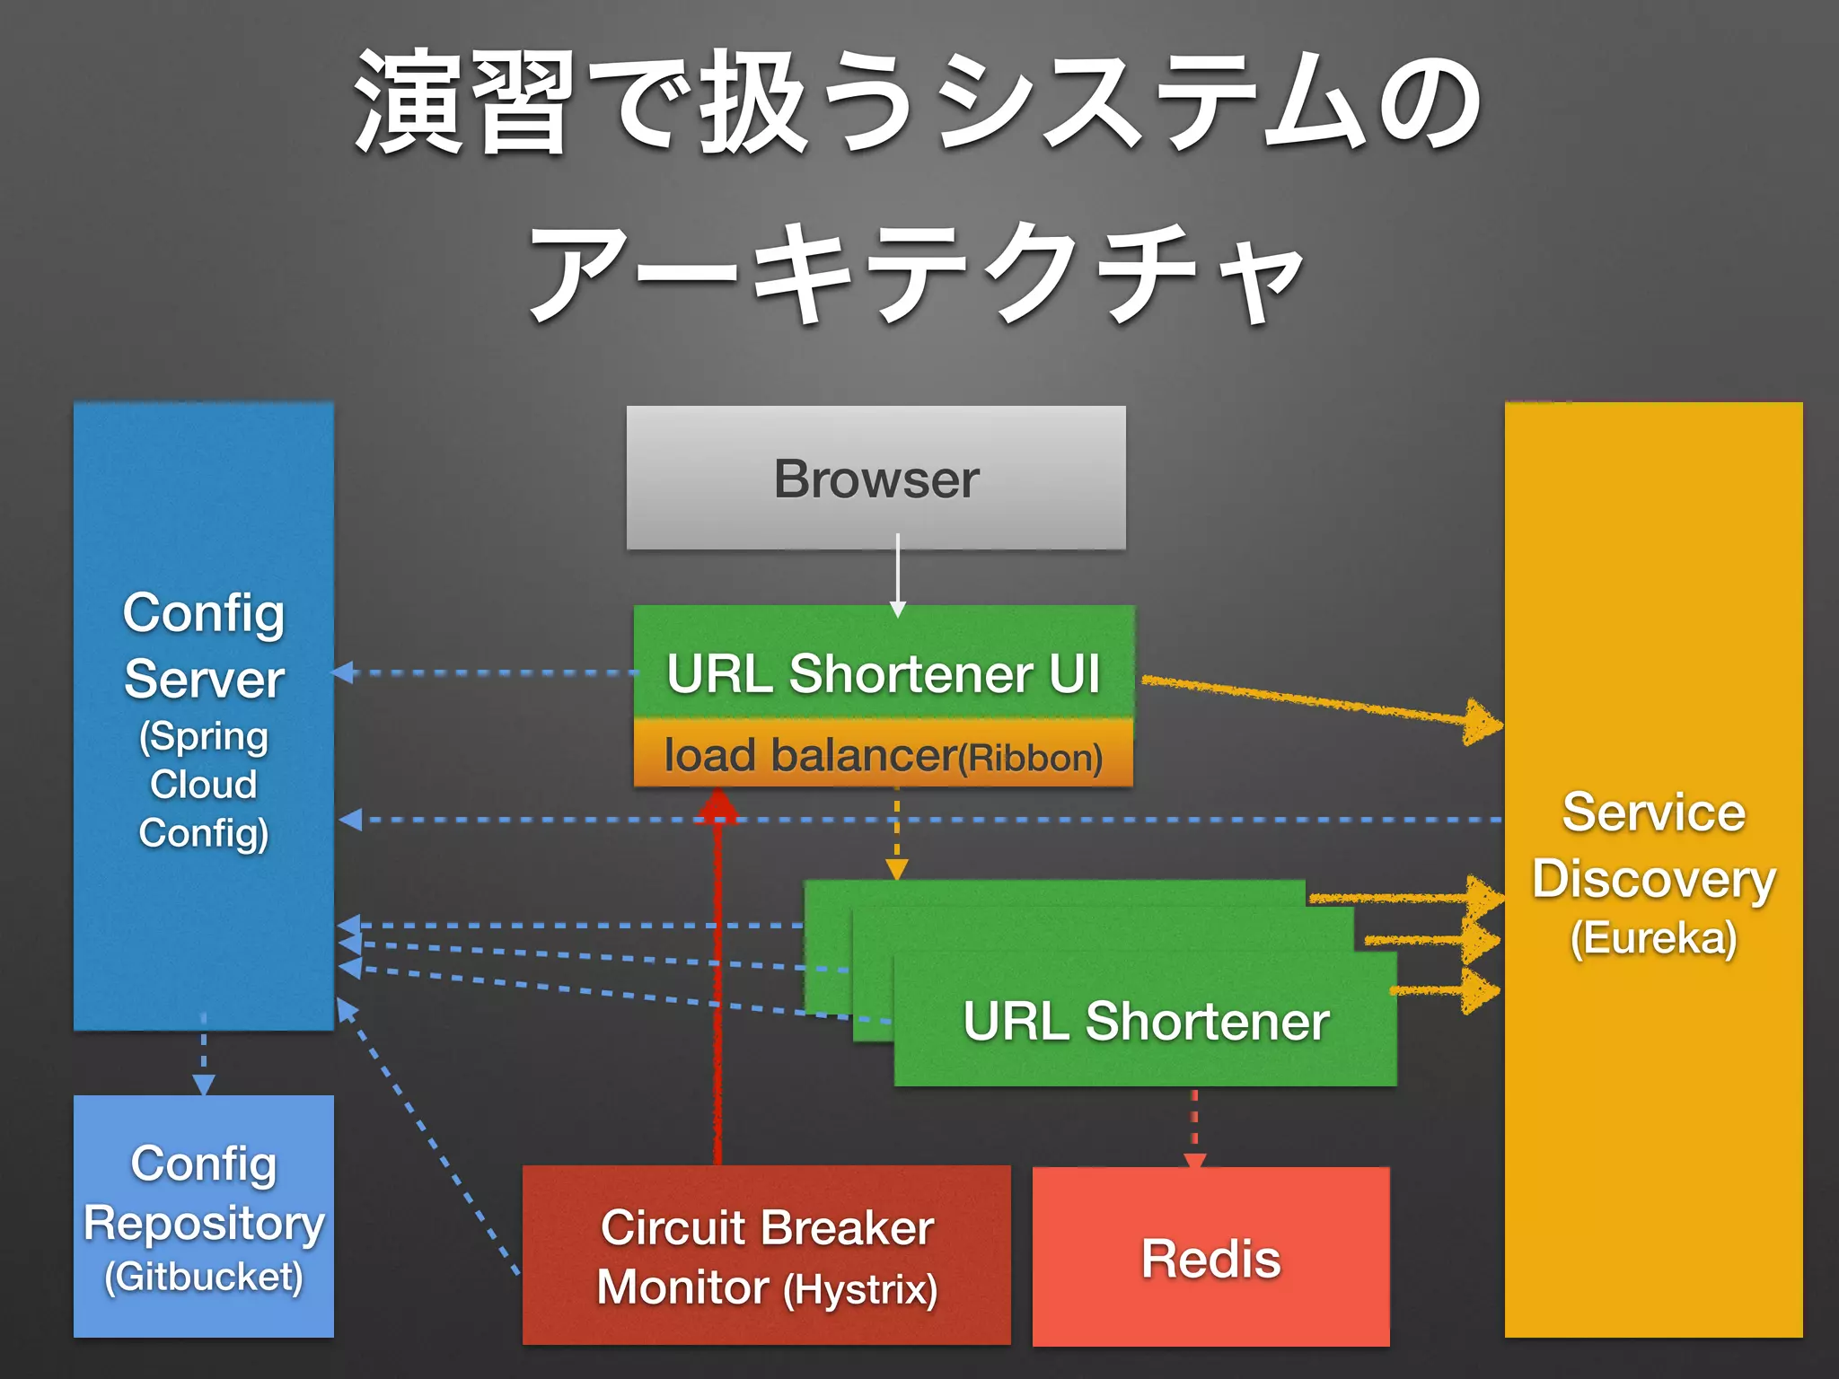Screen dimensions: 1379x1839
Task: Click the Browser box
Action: [x=876, y=478]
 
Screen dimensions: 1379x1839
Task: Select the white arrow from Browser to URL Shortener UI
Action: [x=897, y=575]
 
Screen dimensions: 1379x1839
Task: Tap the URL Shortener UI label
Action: [x=883, y=673]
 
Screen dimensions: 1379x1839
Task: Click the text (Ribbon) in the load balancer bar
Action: [x=1030, y=759]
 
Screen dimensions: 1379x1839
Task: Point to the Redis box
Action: [x=1210, y=1257]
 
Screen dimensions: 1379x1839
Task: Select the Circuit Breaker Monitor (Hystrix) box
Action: [x=766, y=1255]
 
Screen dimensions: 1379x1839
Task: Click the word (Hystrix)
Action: [x=860, y=1290]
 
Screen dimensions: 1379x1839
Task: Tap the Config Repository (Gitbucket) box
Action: [x=204, y=1216]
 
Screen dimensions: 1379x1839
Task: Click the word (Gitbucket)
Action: [x=204, y=1277]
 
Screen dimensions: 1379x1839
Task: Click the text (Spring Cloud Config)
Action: [x=204, y=785]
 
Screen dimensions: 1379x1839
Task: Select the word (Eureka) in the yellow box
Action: [x=1653, y=938]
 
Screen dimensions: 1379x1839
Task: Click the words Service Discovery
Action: [x=1653, y=845]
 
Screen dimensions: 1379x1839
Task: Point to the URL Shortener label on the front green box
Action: [x=1146, y=1022]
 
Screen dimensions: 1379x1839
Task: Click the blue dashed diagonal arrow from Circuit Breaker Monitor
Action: [x=427, y=1136]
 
